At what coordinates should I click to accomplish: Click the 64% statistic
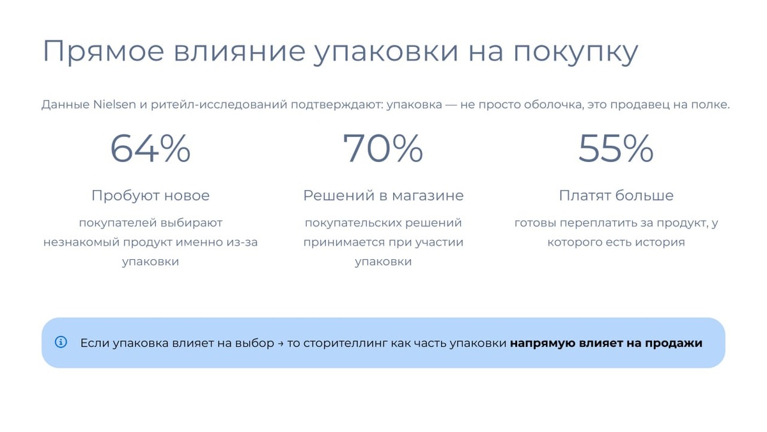[150, 148]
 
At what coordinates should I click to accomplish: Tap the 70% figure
[383, 148]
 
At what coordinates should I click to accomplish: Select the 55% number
[616, 148]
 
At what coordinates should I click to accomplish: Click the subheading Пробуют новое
[150, 196]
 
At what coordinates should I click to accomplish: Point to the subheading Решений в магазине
[383, 196]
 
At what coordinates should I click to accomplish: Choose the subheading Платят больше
[616, 196]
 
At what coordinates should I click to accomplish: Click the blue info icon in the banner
[61, 342]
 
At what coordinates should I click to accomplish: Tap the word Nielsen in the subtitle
[114, 104]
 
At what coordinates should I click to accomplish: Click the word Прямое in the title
[104, 52]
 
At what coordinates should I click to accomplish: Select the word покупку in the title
[576, 52]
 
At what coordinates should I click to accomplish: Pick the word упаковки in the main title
[386, 52]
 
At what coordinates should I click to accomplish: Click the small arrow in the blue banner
[281, 343]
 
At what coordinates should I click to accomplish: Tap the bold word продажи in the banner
[674, 343]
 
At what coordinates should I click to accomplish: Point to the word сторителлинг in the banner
[345, 343]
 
